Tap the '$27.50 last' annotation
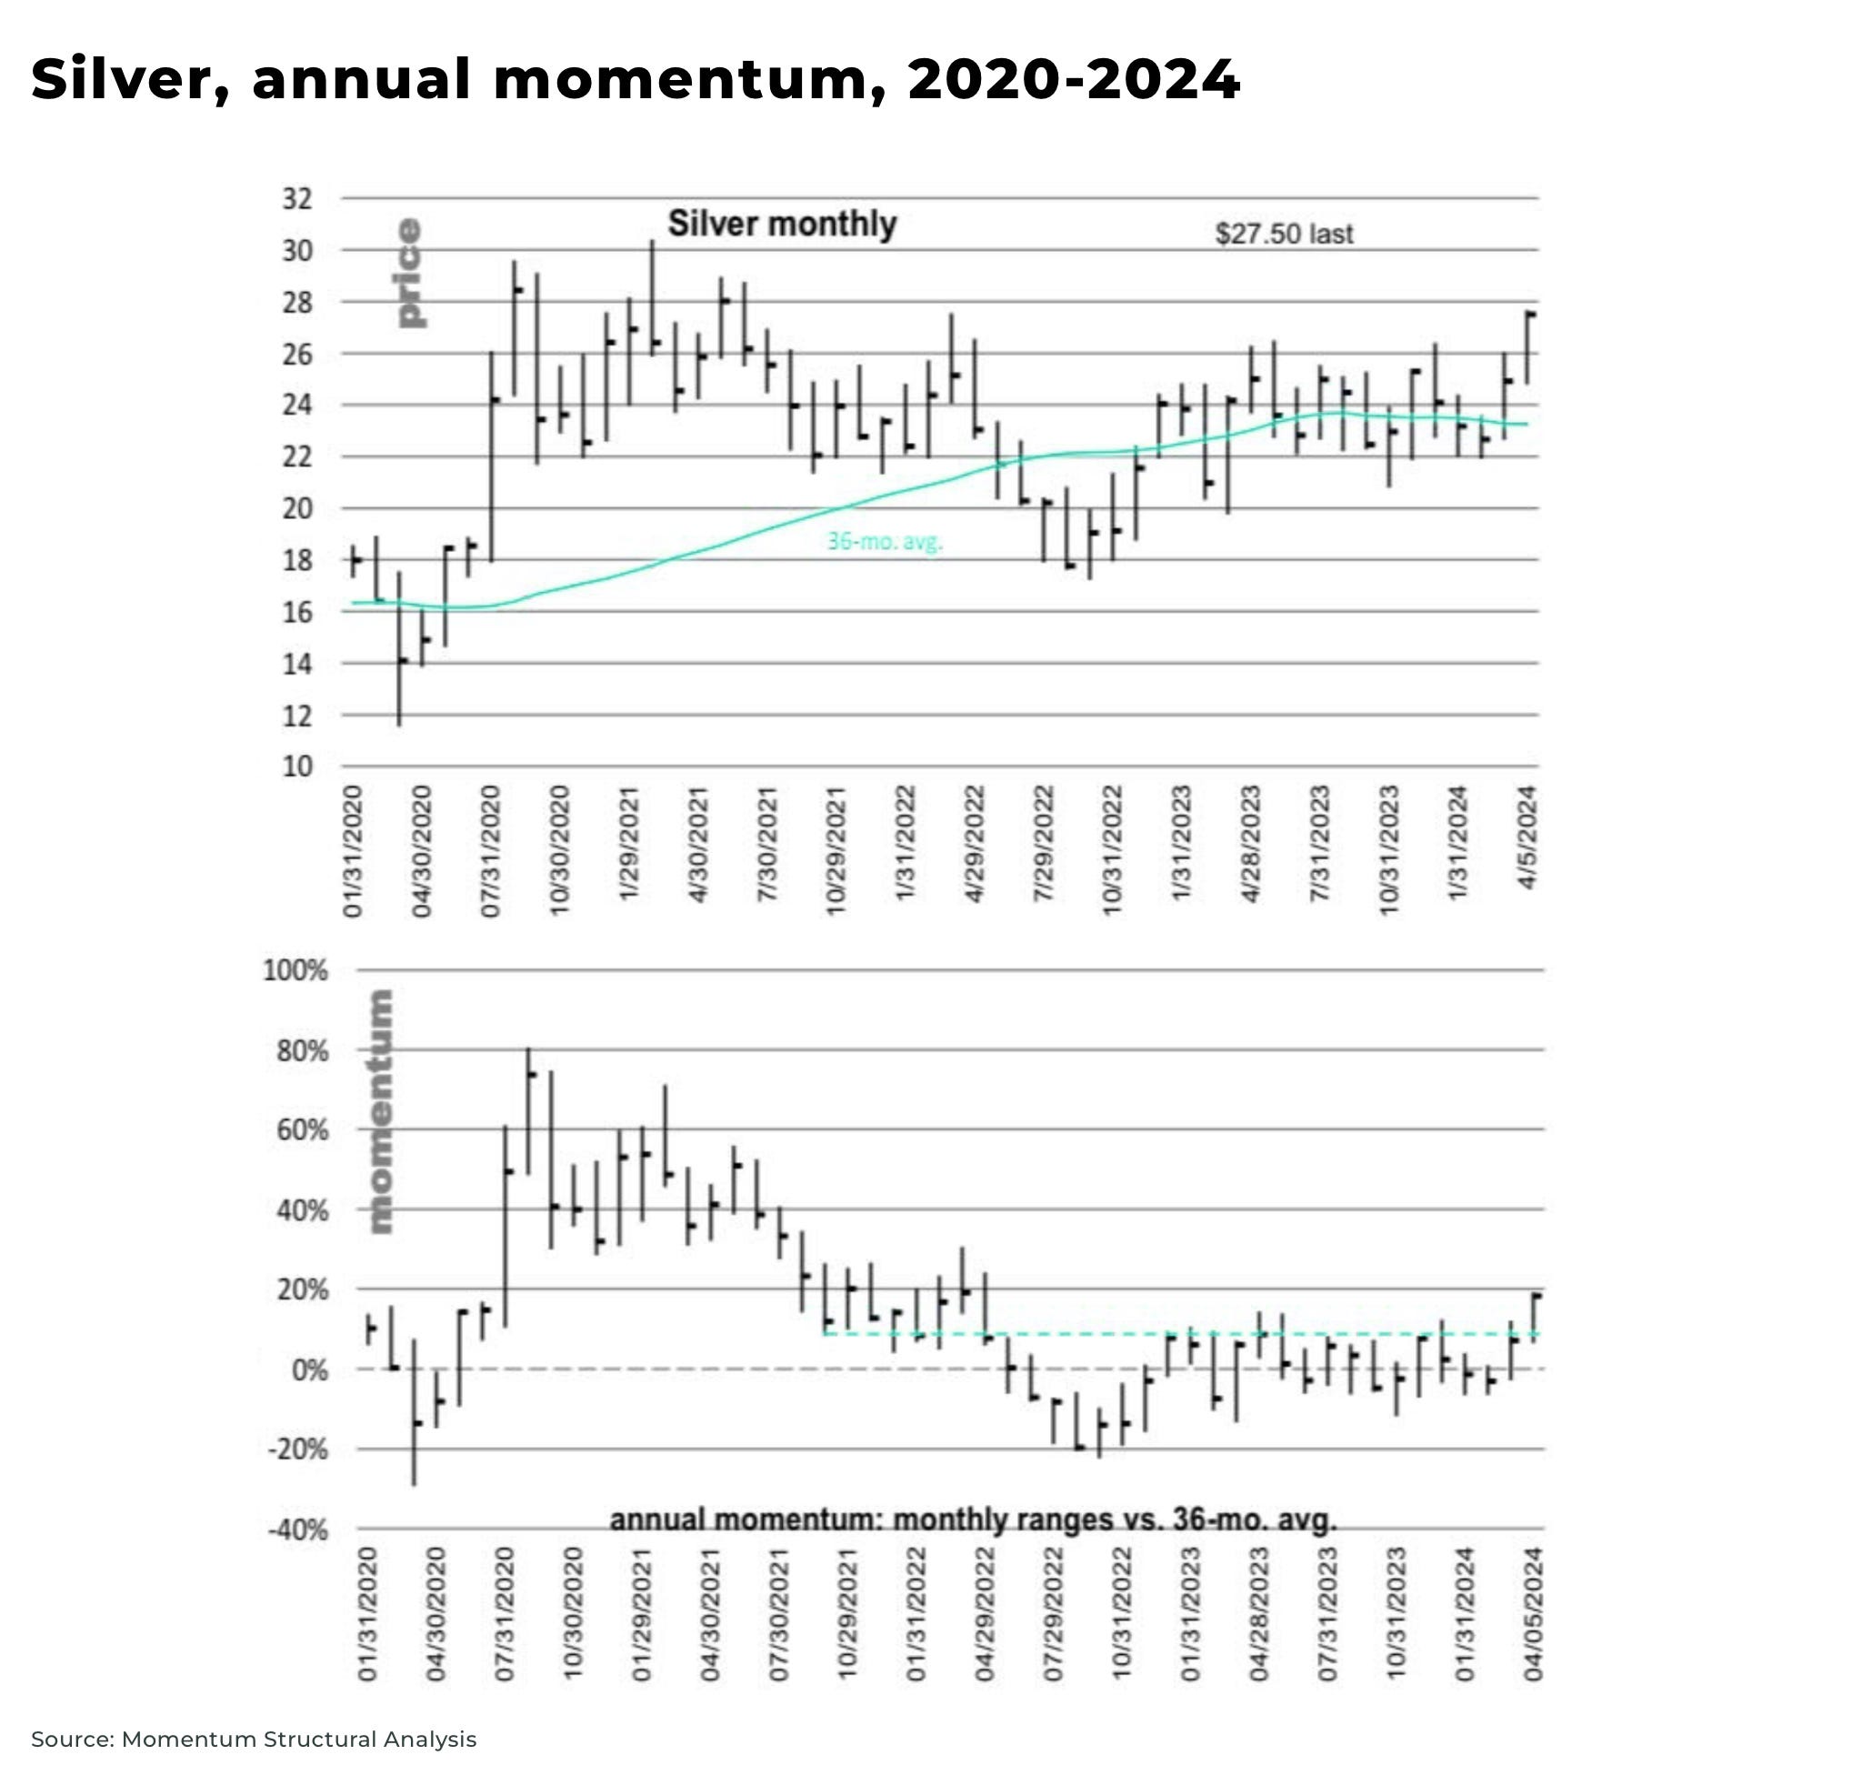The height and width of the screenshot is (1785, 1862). (x=1284, y=234)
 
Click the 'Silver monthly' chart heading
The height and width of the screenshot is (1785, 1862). (x=782, y=225)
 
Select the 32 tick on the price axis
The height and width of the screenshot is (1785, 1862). (x=296, y=199)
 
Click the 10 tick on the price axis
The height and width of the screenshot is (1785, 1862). (x=296, y=767)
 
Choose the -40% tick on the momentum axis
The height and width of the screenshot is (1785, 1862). (x=296, y=1531)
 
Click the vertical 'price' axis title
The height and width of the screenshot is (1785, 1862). (x=409, y=274)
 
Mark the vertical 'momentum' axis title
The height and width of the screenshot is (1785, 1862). (x=379, y=1111)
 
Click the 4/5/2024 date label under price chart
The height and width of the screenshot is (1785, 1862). (x=1527, y=837)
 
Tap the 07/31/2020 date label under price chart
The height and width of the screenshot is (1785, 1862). (x=490, y=850)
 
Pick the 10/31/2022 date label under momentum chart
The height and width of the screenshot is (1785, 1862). (x=1122, y=1614)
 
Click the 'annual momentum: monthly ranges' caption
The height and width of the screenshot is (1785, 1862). (x=973, y=1519)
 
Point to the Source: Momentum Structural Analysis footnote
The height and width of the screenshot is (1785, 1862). (x=254, y=1740)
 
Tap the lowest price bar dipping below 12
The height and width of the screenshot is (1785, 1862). (x=399, y=651)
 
